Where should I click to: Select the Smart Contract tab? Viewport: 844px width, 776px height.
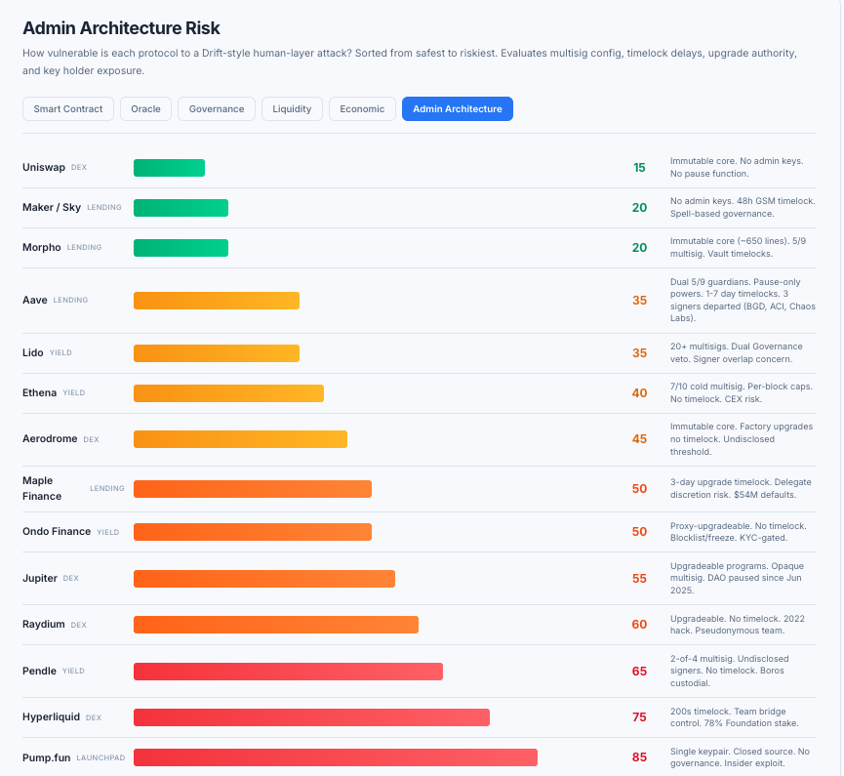pos(68,108)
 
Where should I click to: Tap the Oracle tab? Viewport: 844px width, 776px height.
pos(146,108)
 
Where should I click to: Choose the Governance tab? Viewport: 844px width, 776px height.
pos(217,108)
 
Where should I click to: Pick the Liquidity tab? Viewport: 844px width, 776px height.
pos(292,108)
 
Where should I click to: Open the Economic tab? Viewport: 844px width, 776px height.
pos(362,108)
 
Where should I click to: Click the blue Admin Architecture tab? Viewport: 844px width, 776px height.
pos(457,108)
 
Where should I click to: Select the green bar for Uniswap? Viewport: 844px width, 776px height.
pos(169,168)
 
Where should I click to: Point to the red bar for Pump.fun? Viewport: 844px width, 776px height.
pos(335,757)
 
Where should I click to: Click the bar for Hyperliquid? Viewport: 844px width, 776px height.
pos(311,717)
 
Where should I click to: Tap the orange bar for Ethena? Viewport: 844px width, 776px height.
pos(228,393)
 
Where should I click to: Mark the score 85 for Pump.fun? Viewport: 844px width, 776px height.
pos(639,757)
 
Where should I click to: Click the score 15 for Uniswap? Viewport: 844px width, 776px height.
pos(639,168)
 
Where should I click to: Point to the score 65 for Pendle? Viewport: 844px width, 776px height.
pos(639,672)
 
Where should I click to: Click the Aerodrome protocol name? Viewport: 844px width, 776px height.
pos(50,439)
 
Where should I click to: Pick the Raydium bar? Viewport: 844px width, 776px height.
pos(275,625)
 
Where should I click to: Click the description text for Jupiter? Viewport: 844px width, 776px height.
pos(742,578)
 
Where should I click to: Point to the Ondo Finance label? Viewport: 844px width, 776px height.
pos(57,532)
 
